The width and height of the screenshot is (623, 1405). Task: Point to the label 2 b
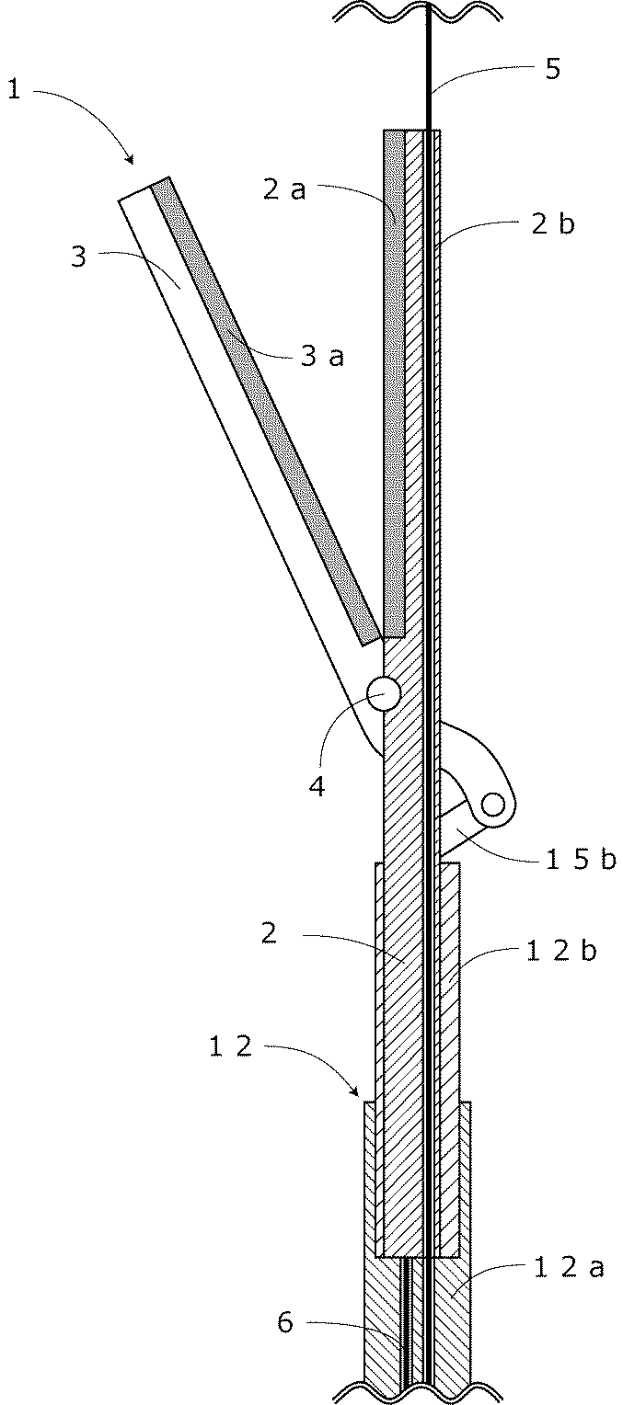click(x=553, y=224)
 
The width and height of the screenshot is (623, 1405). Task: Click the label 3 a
click(x=322, y=356)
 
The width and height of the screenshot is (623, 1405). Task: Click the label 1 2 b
click(x=560, y=951)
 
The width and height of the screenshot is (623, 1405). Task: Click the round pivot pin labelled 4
click(x=383, y=693)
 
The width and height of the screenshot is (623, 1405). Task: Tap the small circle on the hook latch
click(x=494, y=805)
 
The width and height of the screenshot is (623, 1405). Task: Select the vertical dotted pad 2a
click(x=396, y=386)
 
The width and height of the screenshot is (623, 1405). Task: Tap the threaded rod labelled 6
click(x=404, y=1324)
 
